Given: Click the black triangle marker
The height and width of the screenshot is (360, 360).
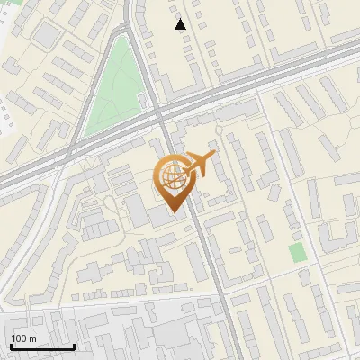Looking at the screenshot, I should (x=181, y=24).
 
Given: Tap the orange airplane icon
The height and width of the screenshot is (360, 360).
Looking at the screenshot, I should (x=199, y=164).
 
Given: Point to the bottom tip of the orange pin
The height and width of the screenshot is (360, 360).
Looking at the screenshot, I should (x=171, y=212).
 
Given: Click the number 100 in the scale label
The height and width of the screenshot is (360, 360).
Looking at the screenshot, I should (x=19, y=338).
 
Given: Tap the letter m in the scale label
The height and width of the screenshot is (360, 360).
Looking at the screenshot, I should (x=32, y=338).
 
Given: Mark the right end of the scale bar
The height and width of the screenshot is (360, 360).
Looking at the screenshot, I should (x=74, y=346).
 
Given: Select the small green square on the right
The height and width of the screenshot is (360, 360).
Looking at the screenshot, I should (x=298, y=252).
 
